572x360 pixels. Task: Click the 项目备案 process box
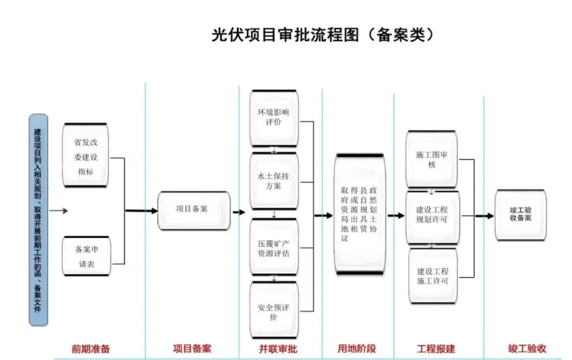194,210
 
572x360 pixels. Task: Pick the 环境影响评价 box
274,118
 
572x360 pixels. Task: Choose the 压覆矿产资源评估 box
274,247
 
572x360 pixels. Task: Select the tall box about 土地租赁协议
358,214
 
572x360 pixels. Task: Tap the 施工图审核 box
432,159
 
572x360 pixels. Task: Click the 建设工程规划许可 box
432,215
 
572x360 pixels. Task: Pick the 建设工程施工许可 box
432,276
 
